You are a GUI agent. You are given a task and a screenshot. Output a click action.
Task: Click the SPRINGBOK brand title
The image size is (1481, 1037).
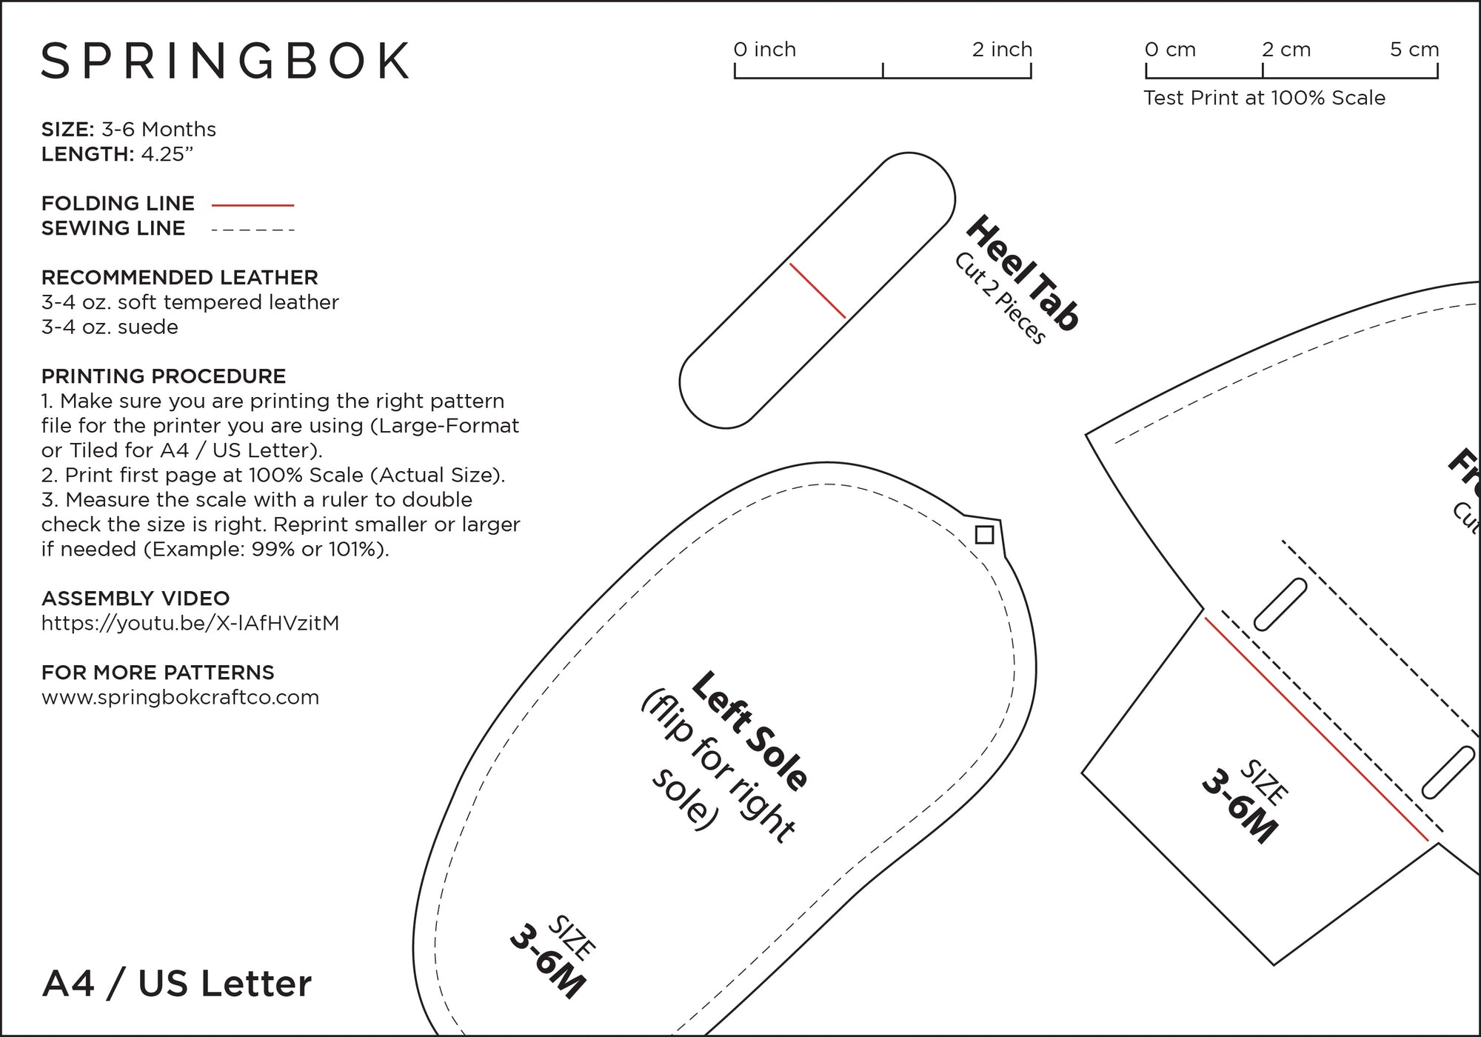[225, 61]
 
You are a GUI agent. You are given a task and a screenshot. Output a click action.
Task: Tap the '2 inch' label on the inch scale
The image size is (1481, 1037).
[1001, 50]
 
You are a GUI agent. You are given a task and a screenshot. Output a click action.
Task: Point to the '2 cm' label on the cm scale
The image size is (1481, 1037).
[1286, 50]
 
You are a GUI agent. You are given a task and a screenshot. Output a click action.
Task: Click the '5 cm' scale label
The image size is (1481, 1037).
[1414, 50]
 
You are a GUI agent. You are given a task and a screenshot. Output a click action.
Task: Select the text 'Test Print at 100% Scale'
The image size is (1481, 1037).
[1264, 98]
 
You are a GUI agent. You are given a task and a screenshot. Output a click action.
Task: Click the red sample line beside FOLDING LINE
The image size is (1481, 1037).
[253, 205]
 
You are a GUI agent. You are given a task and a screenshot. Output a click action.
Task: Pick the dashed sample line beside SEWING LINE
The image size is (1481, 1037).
[253, 230]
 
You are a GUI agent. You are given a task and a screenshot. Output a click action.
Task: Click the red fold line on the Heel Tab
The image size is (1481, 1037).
[818, 290]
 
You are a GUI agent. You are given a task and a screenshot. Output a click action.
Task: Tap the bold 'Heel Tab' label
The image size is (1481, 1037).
[1023, 273]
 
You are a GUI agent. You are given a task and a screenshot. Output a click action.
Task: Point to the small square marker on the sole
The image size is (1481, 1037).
[984, 534]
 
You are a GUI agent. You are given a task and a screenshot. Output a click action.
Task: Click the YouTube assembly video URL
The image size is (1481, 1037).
[190, 623]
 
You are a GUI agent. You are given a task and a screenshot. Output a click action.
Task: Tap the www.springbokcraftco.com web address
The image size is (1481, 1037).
[180, 697]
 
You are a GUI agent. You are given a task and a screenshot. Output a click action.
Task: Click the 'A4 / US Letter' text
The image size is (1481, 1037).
[177, 984]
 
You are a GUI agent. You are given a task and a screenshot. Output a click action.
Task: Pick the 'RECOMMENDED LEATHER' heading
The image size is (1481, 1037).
[179, 278]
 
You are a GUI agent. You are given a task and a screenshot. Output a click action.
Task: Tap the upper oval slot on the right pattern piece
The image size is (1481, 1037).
[1280, 604]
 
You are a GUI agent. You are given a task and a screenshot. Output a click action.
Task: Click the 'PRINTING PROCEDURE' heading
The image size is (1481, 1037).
[163, 376]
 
